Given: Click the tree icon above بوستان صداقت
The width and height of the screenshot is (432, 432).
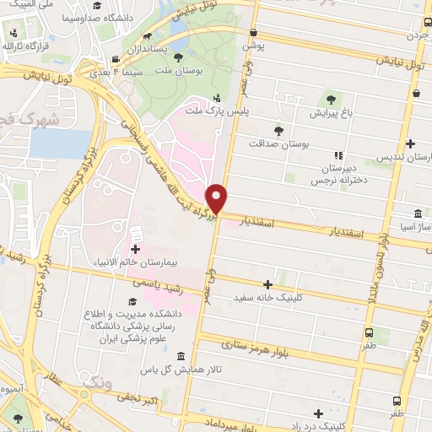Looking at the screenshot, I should click(x=278, y=129).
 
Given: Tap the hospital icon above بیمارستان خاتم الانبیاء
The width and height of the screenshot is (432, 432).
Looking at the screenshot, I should click(x=135, y=248).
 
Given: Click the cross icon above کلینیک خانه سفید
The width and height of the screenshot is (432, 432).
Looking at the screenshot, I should click(x=268, y=283).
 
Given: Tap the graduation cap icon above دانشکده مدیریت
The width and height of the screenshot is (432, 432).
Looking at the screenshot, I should click(x=132, y=300).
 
